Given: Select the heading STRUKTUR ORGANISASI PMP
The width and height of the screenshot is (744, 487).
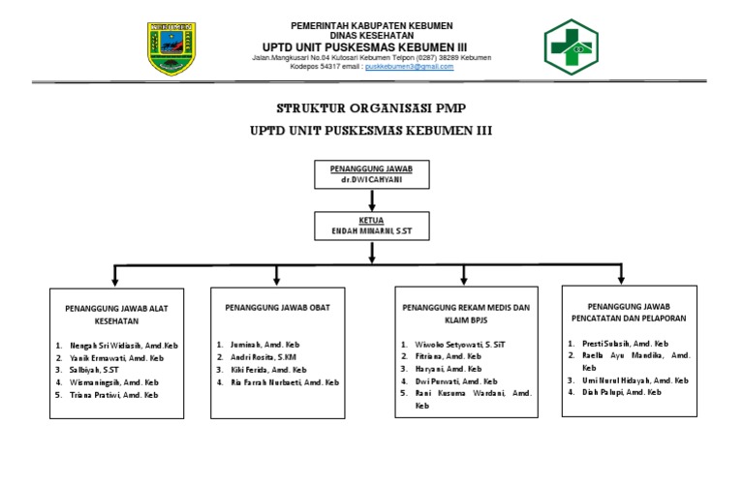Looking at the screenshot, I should tap(372, 107).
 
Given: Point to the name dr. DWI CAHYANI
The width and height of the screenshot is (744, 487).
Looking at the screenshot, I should tap(372, 181).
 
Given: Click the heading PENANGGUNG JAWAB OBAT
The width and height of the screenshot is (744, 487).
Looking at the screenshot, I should tap(278, 308).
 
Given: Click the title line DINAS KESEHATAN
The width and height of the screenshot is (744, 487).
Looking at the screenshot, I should tap(372, 35).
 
